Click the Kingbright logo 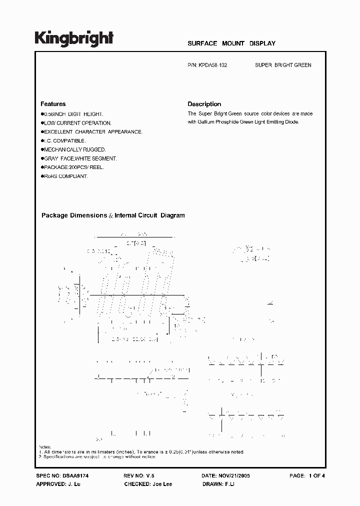(74, 38)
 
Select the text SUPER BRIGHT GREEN (283, 65)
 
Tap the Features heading (53, 104)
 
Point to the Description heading (204, 104)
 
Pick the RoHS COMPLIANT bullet (65, 176)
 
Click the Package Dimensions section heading (113, 215)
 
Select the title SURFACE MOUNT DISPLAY (231, 43)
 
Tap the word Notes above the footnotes (45, 446)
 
